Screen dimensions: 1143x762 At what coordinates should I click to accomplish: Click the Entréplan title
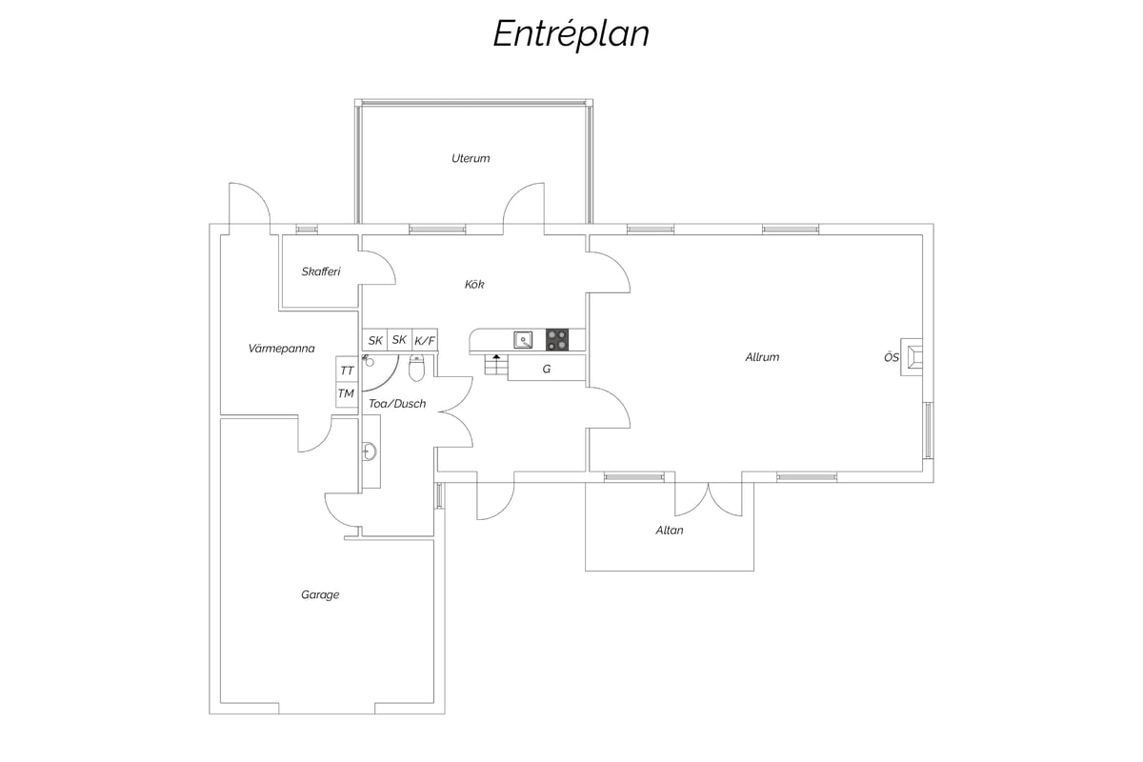coord(571,34)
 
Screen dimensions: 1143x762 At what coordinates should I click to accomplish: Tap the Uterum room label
coord(471,158)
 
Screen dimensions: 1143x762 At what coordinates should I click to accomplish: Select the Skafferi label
coord(321,271)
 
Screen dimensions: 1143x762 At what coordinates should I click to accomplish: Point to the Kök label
coord(474,284)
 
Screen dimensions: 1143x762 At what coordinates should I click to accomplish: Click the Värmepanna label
coord(281,349)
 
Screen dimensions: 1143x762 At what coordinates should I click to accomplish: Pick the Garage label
coord(320,594)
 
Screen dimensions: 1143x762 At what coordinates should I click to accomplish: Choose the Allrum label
coord(762,357)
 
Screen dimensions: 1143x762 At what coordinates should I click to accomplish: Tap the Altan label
coord(670,531)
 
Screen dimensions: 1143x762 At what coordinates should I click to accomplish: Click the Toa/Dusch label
coord(397,404)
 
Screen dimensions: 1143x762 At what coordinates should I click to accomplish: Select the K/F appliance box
coord(425,340)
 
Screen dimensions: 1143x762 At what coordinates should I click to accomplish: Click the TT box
coord(347,370)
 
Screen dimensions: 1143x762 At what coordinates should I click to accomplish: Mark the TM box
coord(347,394)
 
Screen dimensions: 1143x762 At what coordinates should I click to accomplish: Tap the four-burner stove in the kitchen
coord(557,339)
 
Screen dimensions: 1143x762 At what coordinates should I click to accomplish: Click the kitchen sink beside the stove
coord(523,339)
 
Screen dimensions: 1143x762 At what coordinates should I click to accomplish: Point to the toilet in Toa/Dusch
coord(417,368)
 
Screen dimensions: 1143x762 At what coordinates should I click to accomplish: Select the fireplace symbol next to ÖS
coord(912,357)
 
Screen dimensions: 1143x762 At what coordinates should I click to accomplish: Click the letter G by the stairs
coord(547,369)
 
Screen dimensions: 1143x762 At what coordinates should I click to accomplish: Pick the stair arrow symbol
coord(496,357)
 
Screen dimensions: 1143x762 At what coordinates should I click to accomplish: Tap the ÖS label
coord(892,357)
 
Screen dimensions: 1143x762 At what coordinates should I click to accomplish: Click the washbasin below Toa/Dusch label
coord(369,451)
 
